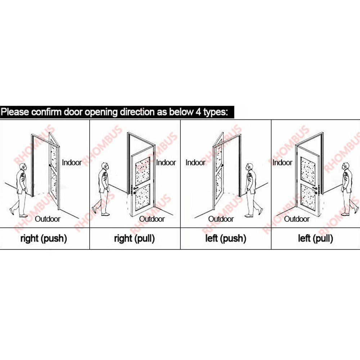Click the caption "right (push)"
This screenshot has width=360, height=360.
point(44,239)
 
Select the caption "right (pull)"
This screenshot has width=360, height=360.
point(134,239)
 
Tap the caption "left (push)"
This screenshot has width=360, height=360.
point(226,239)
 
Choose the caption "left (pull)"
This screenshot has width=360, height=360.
point(315,239)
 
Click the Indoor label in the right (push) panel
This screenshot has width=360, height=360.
point(72,163)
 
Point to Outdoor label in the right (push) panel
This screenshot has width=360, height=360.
point(48,219)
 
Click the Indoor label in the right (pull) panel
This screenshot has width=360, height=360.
point(166,163)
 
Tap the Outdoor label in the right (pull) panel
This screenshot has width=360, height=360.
point(152,219)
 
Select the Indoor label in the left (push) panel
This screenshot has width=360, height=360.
point(195,163)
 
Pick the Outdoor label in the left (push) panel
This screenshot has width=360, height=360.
point(221,219)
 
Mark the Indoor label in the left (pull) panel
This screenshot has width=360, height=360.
point(282,163)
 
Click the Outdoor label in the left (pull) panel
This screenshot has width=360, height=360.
point(297,219)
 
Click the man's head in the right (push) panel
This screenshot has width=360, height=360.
point(23,167)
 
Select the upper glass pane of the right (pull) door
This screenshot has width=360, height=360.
point(143,171)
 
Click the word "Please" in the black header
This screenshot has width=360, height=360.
point(15,112)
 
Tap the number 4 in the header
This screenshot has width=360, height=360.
point(198,112)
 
